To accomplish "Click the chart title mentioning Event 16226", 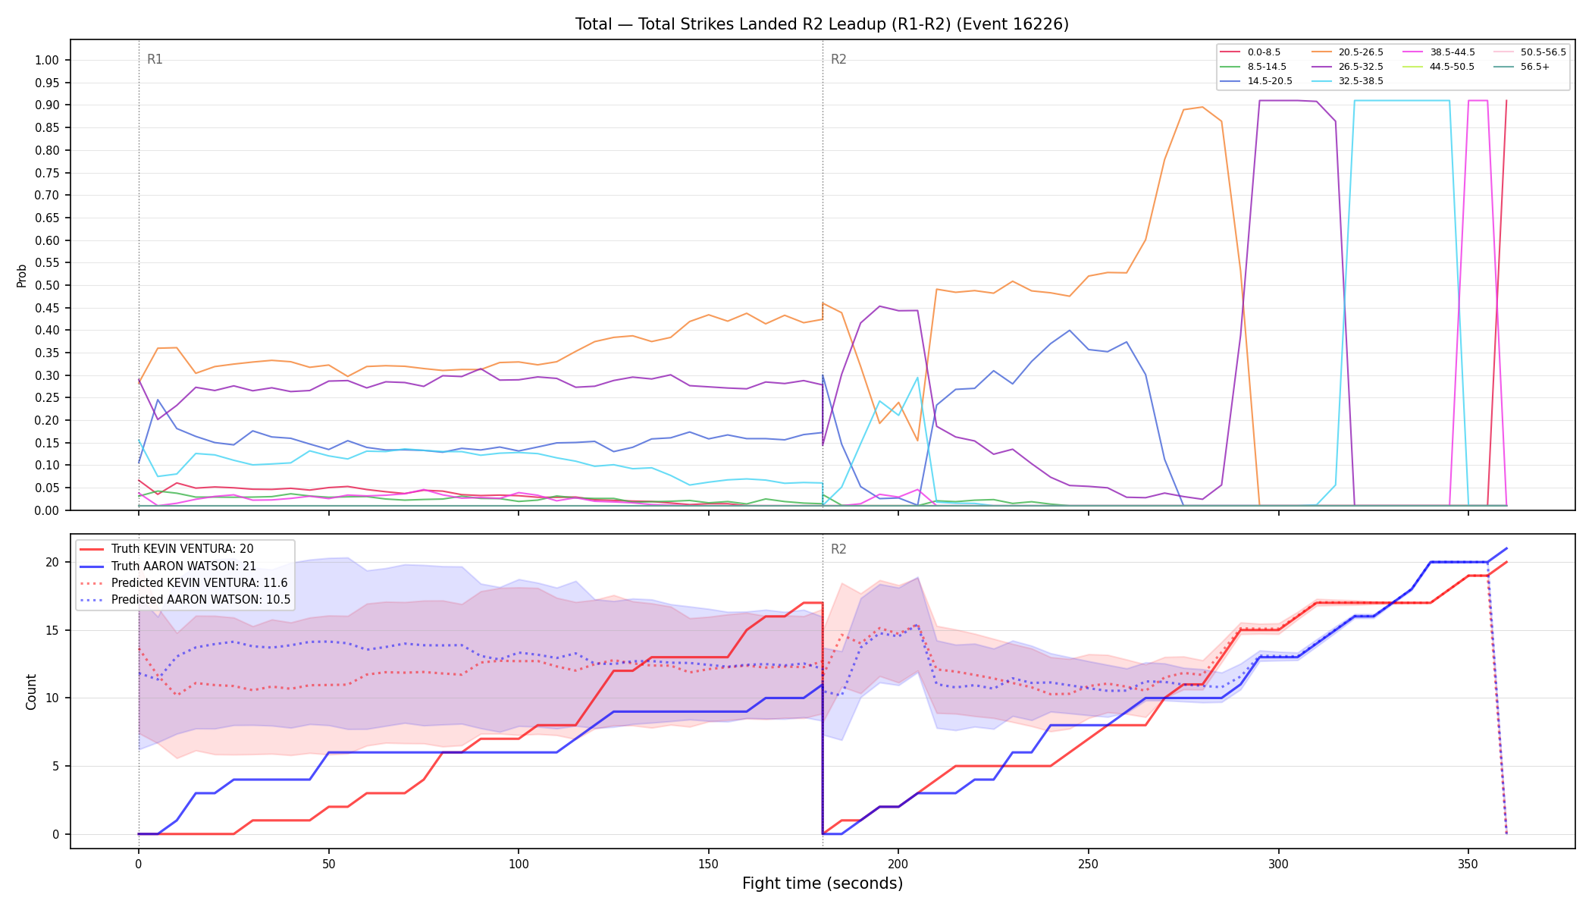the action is [x=822, y=24].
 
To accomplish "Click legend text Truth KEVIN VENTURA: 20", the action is [x=183, y=549].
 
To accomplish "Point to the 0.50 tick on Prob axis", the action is [x=47, y=286].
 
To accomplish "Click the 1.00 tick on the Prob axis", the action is [x=47, y=61].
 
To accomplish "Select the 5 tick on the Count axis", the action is [x=56, y=767].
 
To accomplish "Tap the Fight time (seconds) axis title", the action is [x=823, y=884].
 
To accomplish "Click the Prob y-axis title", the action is [x=22, y=275].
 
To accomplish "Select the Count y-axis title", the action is [x=31, y=692].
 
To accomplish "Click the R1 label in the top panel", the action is [x=155, y=60].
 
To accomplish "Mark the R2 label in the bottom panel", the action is [x=838, y=550].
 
